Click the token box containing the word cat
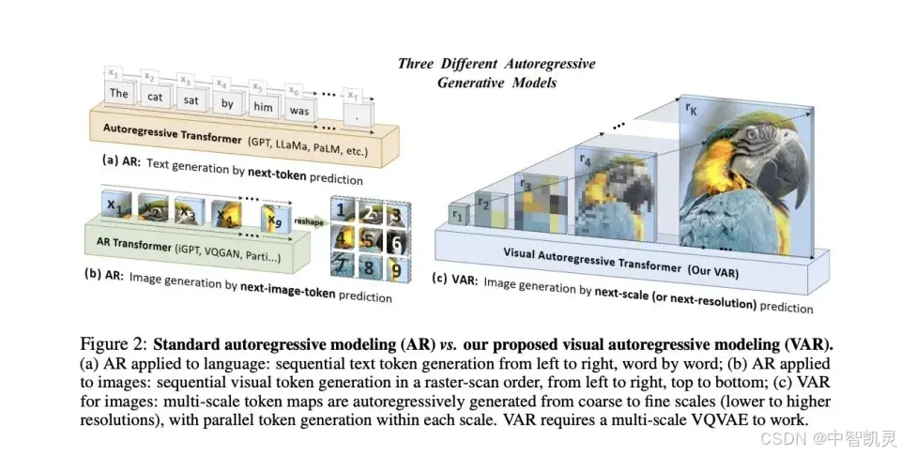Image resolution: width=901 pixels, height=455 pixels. (155, 97)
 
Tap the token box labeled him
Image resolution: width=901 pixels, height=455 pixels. (264, 106)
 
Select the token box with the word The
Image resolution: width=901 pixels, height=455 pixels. (118, 93)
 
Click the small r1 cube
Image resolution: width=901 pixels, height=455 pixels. (459, 215)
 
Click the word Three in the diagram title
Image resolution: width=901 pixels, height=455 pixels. (417, 64)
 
